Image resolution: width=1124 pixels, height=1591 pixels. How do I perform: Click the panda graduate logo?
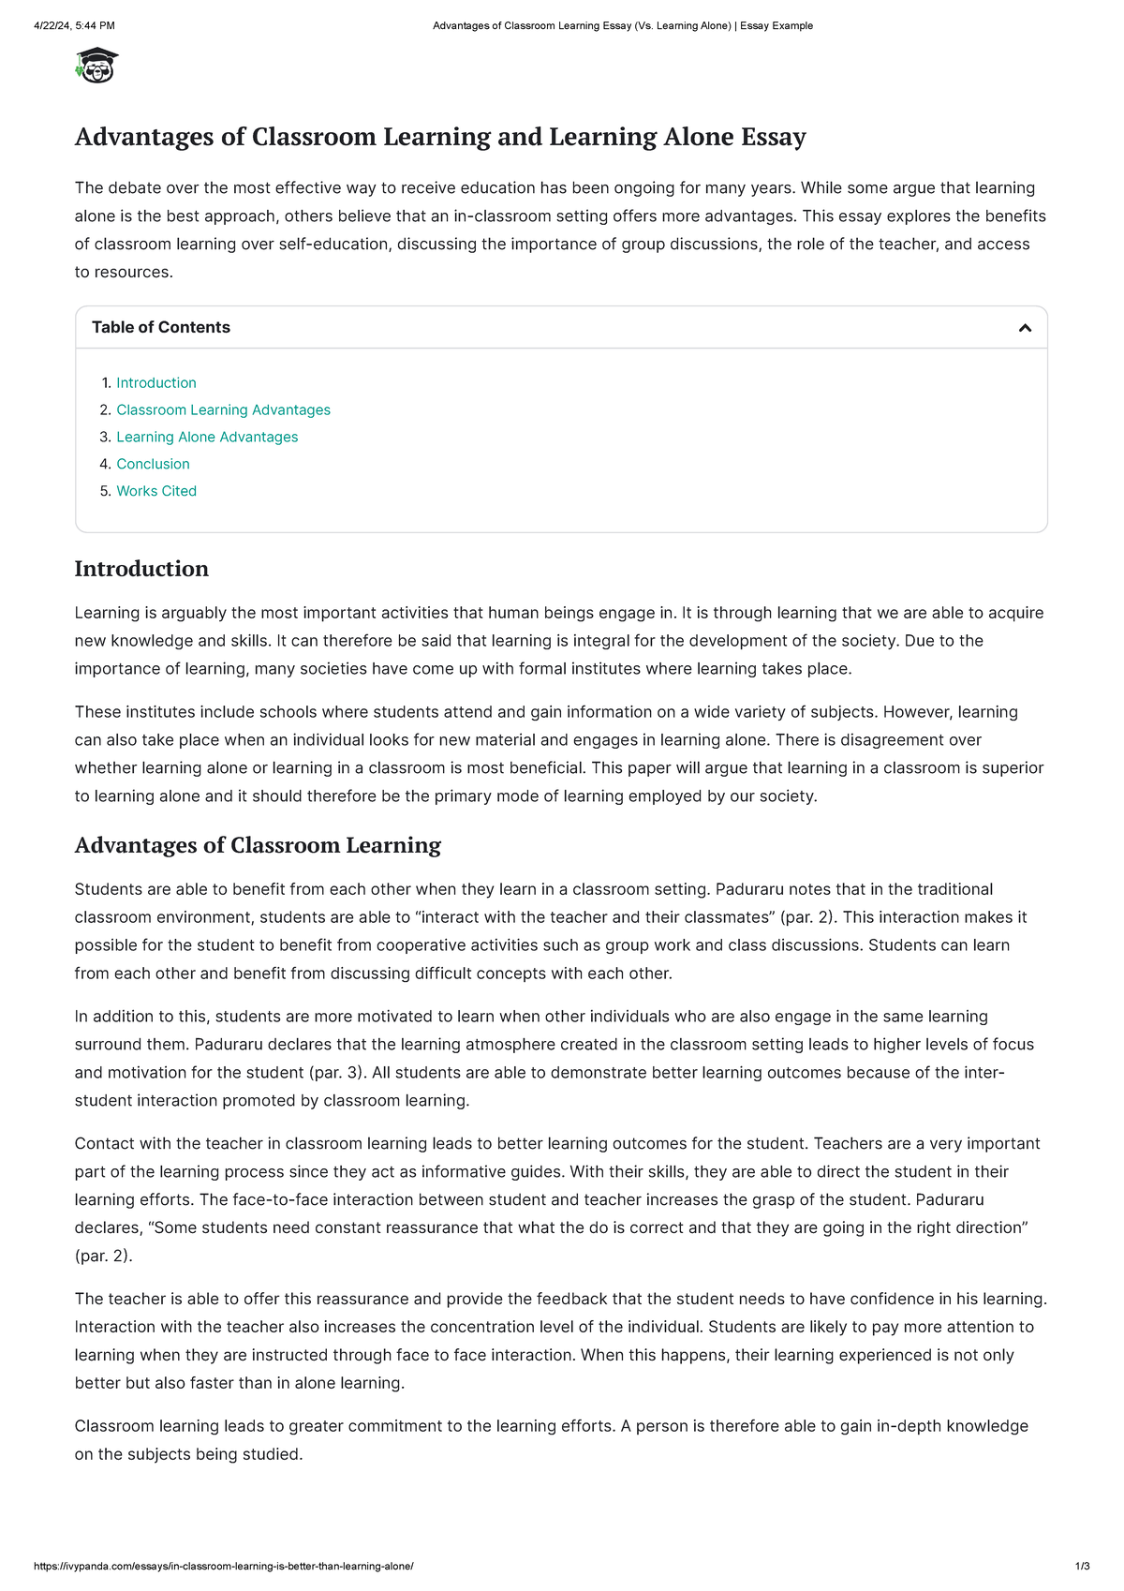tap(96, 66)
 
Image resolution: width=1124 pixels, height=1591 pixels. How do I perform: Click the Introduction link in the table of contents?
tap(155, 383)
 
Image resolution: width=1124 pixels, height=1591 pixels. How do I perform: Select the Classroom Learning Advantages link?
tap(223, 410)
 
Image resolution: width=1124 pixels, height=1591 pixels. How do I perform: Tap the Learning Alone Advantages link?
tap(207, 438)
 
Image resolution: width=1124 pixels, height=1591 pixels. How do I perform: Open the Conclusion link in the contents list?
tap(153, 465)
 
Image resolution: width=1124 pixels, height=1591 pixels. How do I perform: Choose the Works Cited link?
tap(156, 492)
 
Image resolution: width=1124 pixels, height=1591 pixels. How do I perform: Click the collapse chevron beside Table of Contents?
tap(1025, 328)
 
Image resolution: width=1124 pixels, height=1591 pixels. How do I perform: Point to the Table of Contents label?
tap(160, 328)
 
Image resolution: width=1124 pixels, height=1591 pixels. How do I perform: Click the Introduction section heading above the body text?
tap(141, 570)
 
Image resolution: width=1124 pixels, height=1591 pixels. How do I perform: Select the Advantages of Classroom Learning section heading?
tap(258, 846)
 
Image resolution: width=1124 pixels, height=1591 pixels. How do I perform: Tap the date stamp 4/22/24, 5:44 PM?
tap(74, 26)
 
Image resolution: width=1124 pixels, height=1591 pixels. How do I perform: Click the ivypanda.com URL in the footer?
tap(223, 1567)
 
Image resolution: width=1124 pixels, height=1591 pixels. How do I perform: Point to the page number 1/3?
tap(1082, 1567)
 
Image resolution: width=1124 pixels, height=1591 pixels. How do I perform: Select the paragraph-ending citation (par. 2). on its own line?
tap(103, 1256)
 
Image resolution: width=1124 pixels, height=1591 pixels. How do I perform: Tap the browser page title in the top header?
tap(622, 26)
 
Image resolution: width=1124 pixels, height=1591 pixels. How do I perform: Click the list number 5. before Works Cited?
tap(105, 492)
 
